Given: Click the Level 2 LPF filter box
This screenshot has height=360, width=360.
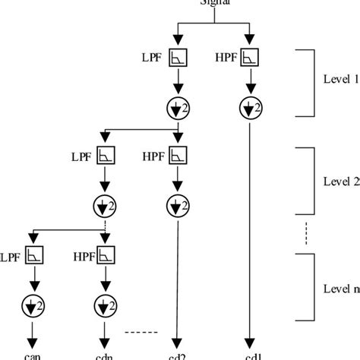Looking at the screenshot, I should [x=103, y=156].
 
